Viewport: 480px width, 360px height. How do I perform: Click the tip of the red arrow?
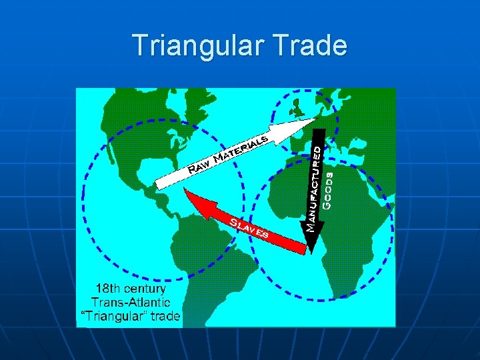point(187,194)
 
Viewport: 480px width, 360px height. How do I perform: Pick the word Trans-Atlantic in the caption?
point(127,303)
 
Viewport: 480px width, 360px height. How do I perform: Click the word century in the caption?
point(144,289)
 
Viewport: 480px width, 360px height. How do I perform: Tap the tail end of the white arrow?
point(159,181)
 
